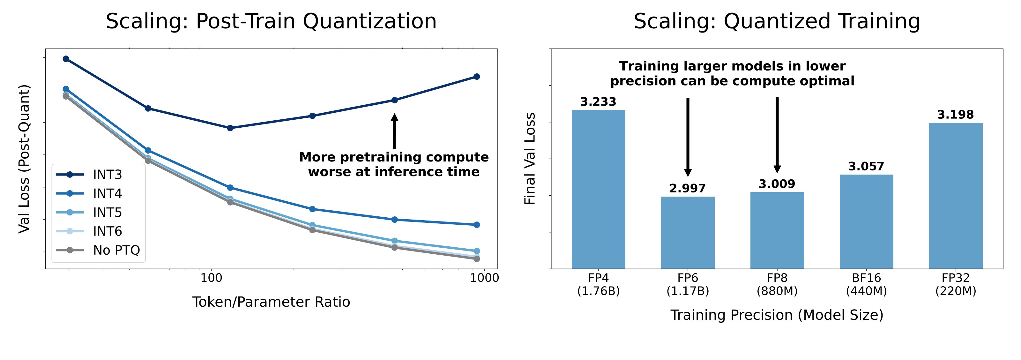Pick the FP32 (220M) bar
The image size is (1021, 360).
click(x=956, y=196)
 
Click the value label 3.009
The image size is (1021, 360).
click(x=777, y=184)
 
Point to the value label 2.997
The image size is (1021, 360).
click(x=688, y=188)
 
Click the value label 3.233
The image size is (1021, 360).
click(x=598, y=102)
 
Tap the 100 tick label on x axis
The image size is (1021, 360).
click(x=211, y=278)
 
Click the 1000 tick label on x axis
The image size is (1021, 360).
click(x=484, y=278)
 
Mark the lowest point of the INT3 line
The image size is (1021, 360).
click(x=230, y=128)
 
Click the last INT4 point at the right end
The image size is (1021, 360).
click(x=477, y=225)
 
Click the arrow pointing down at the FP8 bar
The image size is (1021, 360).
click(x=777, y=135)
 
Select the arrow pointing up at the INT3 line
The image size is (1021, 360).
click(x=394, y=131)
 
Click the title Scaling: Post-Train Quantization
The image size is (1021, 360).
click(x=271, y=21)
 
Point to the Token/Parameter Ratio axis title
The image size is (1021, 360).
click(x=271, y=302)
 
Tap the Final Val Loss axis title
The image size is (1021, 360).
click(x=530, y=159)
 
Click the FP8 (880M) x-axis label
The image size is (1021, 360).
click(x=777, y=285)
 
